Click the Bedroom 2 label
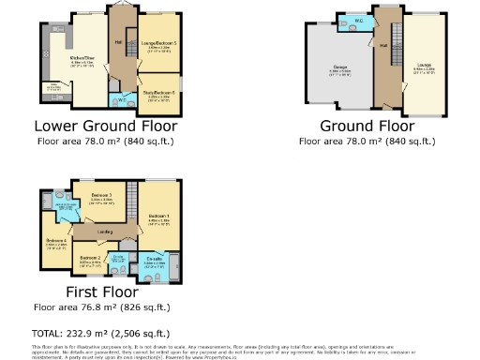(x=90, y=258)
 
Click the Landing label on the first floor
(x=104, y=230)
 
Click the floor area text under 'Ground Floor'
(x=367, y=141)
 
